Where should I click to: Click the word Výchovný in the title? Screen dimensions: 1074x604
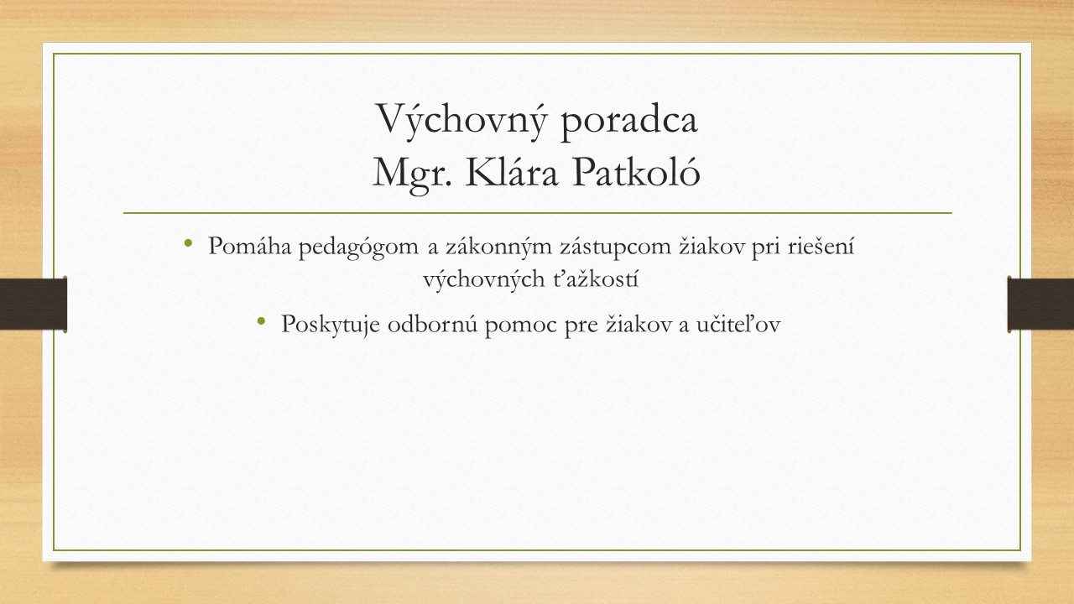461,120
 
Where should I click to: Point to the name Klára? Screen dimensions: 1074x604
512,172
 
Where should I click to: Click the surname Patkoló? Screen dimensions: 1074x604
636,172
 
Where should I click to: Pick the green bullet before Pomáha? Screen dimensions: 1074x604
188,243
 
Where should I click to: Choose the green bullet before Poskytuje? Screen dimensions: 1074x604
261,320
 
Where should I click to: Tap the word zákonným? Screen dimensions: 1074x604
498,248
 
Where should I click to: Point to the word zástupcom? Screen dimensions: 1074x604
615,248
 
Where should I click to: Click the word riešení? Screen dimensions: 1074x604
821,246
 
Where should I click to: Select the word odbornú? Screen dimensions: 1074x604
432,323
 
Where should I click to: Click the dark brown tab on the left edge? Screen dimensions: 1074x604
33,304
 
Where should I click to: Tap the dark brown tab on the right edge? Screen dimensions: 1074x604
1040,304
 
